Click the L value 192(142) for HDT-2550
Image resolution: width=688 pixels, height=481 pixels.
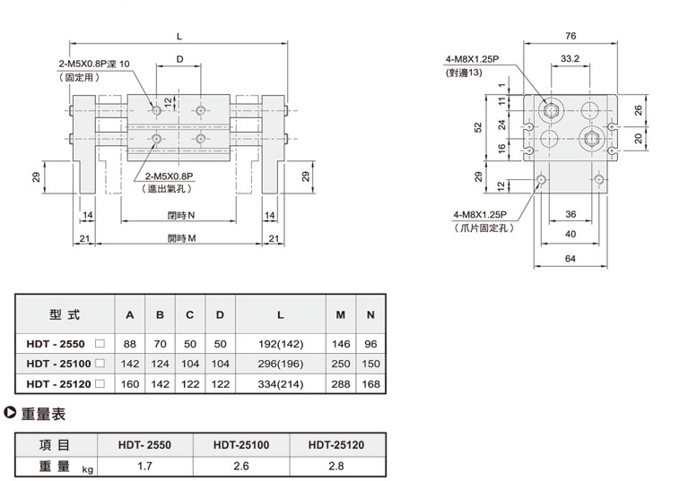tap(280, 343)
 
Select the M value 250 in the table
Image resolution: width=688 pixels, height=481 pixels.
tap(341, 363)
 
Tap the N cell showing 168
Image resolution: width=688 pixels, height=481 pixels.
tap(370, 383)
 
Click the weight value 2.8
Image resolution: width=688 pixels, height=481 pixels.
tap(336, 467)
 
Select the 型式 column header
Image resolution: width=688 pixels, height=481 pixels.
tap(65, 315)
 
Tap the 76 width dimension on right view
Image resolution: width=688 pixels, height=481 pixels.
tap(570, 37)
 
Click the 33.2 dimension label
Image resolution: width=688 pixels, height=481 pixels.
tap(569, 60)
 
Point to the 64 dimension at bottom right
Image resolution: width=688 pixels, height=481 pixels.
tap(570, 259)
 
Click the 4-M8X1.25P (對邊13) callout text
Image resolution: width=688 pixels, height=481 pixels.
tap(475, 65)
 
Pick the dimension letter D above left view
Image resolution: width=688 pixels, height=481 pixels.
tap(180, 60)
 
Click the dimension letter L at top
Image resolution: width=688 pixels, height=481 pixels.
tap(180, 37)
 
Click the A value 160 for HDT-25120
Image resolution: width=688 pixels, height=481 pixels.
tap(130, 383)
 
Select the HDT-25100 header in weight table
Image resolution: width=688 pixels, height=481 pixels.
tap(241, 444)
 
